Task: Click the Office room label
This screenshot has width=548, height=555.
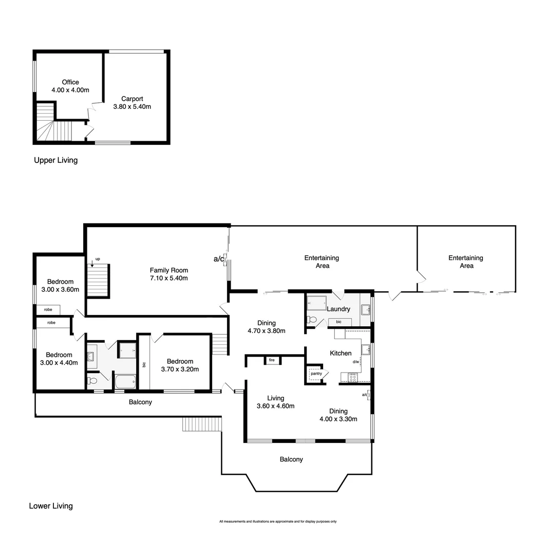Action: click(x=70, y=82)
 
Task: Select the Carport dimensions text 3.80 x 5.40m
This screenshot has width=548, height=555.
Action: click(x=132, y=107)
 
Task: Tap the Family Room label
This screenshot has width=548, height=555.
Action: click(x=168, y=270)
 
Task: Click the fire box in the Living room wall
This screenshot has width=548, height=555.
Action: click(x=272, y=360)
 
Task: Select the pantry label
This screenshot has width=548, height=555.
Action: click(x=316, y=374)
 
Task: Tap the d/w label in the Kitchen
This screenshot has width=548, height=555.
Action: click(x=355, y=362)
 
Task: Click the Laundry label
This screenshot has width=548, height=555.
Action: click(x=338, y=309)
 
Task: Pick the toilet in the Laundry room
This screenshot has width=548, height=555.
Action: click(x=311, y=320)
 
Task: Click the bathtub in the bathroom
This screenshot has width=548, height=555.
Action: click(x=125, y=381)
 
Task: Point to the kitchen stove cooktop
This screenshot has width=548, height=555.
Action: click(x=353, y=378)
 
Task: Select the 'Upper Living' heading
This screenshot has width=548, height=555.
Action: click(x=55, y=160)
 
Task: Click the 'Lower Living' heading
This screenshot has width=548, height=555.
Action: click(x=51, y=506)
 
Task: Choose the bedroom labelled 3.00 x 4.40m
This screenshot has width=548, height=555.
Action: click(x=59, y=358)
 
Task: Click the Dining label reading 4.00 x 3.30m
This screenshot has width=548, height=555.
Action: click(x=338, y=415)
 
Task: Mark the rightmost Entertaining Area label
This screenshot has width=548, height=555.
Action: click(x=466, y=262)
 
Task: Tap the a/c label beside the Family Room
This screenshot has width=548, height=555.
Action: click(x=219, y=258)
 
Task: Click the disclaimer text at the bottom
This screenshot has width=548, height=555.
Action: click(x=278, y=522)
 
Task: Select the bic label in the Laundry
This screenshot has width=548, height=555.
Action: click(x=338, y=322)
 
